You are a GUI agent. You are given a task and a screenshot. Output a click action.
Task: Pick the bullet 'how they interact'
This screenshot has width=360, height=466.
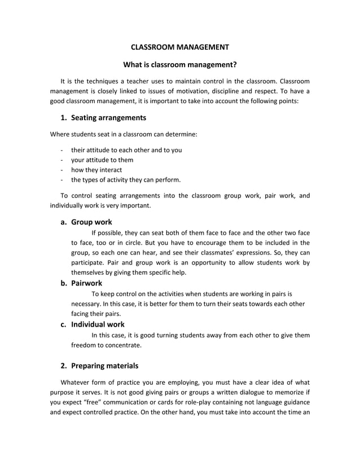(96, 170)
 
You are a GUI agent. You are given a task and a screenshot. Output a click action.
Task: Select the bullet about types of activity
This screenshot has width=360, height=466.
(126, 180)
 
